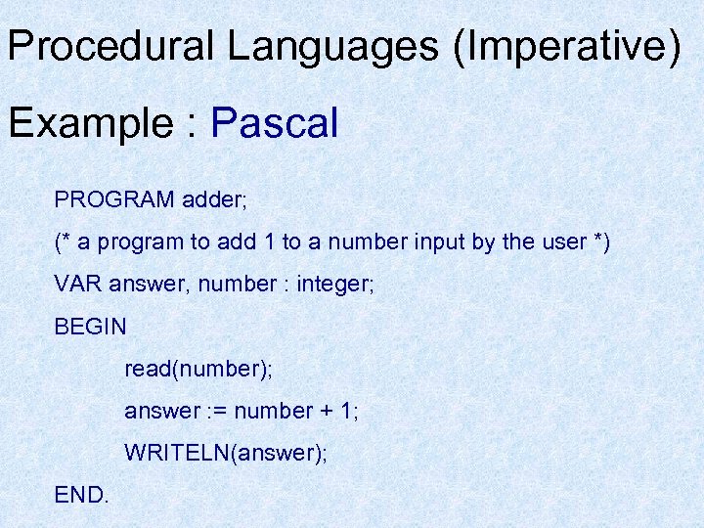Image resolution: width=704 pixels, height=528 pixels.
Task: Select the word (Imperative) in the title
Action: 567,48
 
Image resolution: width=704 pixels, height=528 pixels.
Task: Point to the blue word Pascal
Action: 275,123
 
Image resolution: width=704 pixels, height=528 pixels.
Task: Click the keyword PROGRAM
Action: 114,200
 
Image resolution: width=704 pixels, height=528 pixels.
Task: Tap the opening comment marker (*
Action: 66,242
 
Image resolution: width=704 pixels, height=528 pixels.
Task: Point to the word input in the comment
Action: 429,242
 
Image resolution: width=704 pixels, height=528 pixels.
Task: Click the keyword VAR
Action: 78,285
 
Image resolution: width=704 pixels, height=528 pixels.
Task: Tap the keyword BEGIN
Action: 91,327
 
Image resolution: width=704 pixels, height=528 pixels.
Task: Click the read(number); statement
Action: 198,369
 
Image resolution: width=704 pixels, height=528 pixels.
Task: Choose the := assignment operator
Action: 218,411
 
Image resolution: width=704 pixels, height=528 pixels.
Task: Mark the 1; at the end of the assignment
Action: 350,411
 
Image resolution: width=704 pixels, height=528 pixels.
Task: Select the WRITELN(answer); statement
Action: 226,453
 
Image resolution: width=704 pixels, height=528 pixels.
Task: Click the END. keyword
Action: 82,495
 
